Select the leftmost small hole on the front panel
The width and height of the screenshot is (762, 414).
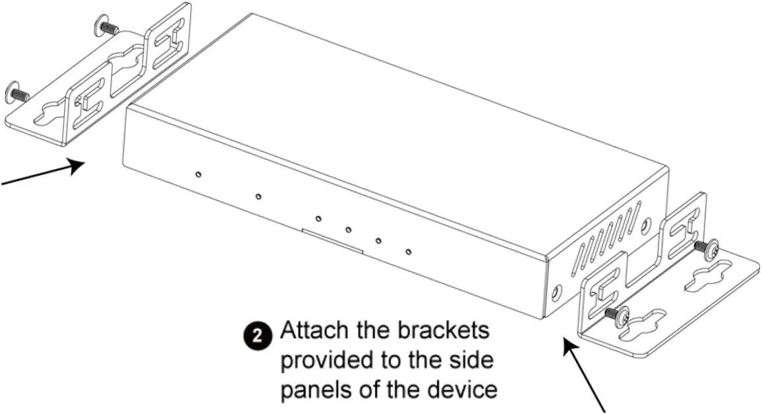198,174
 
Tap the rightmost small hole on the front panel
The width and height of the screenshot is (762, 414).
409,252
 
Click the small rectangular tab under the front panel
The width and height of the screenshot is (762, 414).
332,241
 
